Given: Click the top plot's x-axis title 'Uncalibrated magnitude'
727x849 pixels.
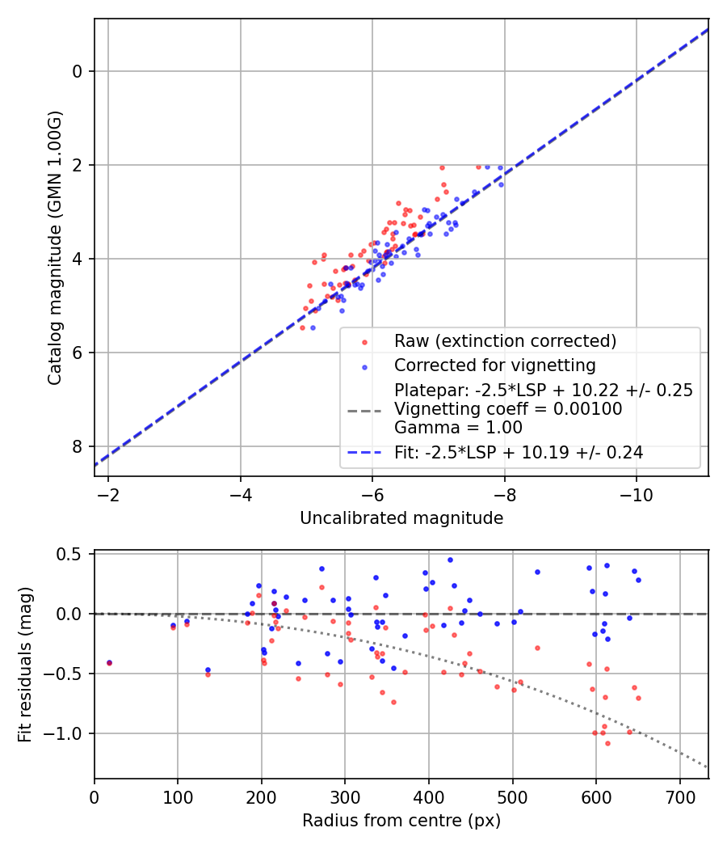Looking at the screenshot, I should coord(401,517).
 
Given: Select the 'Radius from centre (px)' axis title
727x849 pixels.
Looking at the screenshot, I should coord(401,821).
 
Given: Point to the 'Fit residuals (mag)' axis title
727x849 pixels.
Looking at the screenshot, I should coord(25,665).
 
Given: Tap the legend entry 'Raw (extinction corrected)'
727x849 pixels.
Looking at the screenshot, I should coord(505,341).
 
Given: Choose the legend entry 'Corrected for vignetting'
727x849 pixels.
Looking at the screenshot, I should coord(494,365).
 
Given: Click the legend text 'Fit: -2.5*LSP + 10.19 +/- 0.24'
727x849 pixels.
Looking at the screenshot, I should coord(519,453).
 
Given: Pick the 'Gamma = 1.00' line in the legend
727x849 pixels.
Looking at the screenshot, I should coord(458,428).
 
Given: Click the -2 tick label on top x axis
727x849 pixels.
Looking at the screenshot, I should coord(107,493).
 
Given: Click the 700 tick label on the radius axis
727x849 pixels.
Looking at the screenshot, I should coord(679,796).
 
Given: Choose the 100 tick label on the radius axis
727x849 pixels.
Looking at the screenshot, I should coord(178,796).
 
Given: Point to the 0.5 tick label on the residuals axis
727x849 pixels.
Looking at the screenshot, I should coord(74,554).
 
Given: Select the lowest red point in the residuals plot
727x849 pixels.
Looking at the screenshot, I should coord(607,743).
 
